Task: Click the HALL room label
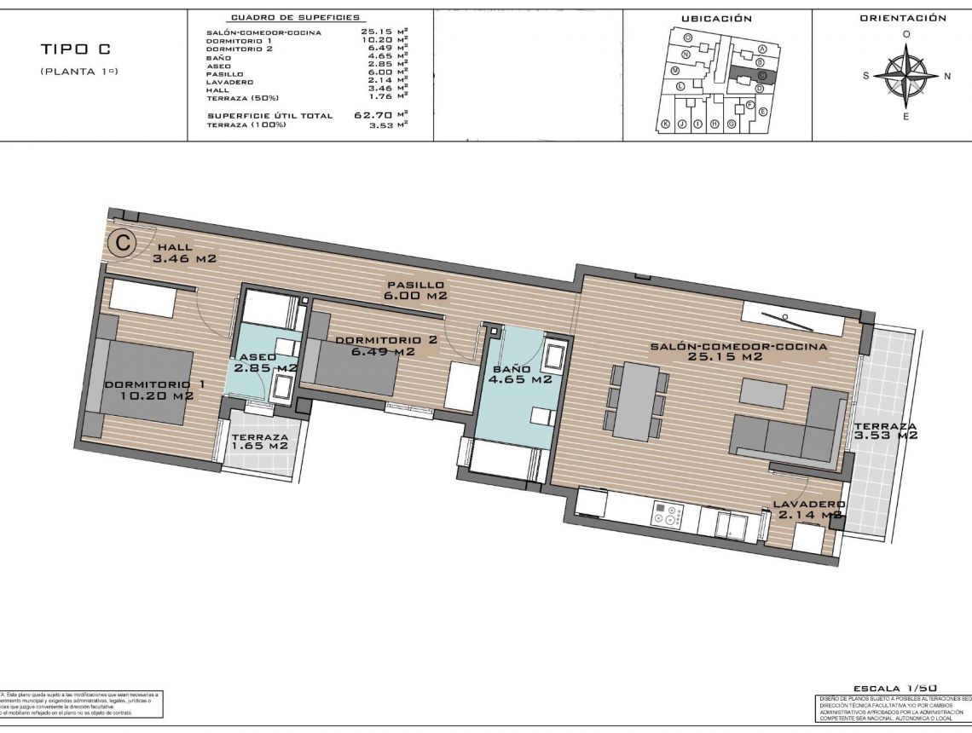click(x=175, y=247)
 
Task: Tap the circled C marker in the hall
click(x=123, y=243)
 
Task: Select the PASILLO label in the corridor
click(x=415, y=285)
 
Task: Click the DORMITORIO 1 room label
click(x=154, y=384)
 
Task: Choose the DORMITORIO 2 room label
click(x=386, y=340)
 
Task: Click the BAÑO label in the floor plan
click(x=510, y=370)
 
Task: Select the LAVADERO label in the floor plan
click(x=807, y=505)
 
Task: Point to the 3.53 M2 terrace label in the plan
click(x=885, y=427)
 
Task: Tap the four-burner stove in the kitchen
click(x=669, y=514)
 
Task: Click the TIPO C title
click(x=75, y=49)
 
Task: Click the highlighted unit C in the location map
click(x=761, y=75)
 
